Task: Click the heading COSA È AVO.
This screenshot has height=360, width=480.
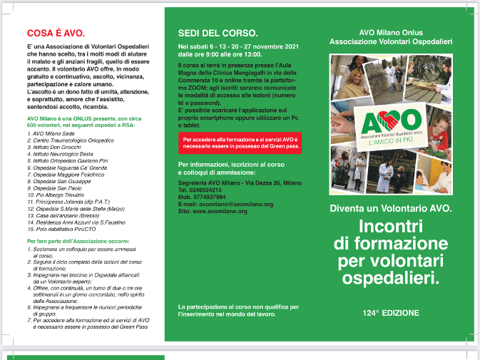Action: click(x=56, y=33)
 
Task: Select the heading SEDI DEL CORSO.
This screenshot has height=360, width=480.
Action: click(x=218, y=33)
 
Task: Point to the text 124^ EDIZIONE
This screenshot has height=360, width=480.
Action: click(x=390, y=313)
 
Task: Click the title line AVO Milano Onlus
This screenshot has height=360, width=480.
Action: click(x=391, y=33)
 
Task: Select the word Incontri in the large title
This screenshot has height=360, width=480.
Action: click(x=390, y=227)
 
